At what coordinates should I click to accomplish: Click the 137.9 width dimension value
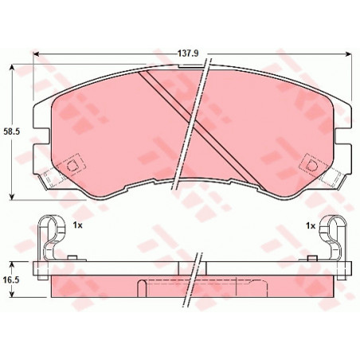(x=188, y=53)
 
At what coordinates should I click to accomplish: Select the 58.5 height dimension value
(x=12, y=131)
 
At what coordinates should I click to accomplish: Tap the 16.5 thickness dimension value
(x=12, y=280)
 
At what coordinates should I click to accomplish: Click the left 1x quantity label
(x=78, y=225)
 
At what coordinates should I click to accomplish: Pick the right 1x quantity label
(x=311, y=225)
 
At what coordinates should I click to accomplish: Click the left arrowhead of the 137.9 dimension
(x=36, y=54)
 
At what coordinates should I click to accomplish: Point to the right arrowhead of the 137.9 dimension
(x=349, y=54)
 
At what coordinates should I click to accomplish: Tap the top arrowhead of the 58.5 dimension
(x=11, y=67)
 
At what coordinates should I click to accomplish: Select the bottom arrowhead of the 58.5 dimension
(x=11, y=197)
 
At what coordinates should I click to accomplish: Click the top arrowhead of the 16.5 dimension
(x=11, y=264)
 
